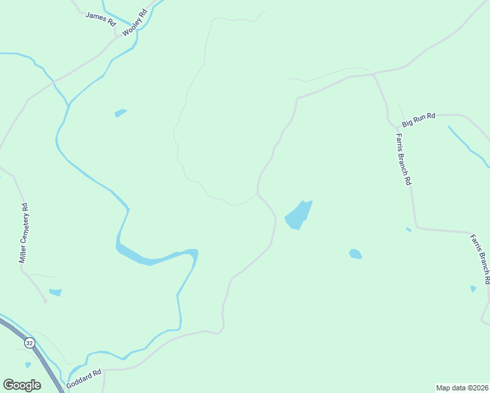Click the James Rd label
tap(100, 18)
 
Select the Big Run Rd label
tap(419, 120)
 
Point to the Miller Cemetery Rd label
tap(24, 234)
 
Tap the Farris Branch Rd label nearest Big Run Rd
tap(403, 159)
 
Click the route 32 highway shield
tap(29, 343)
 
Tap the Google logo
tap(22, 384)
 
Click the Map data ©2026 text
tap(462, 387)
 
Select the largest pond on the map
tap(298, 215)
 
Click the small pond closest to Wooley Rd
tap(121, 113)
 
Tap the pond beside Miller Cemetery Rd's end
tap(56, 292)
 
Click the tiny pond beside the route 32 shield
tap(28, 365)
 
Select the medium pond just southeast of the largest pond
tap(355, 253)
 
